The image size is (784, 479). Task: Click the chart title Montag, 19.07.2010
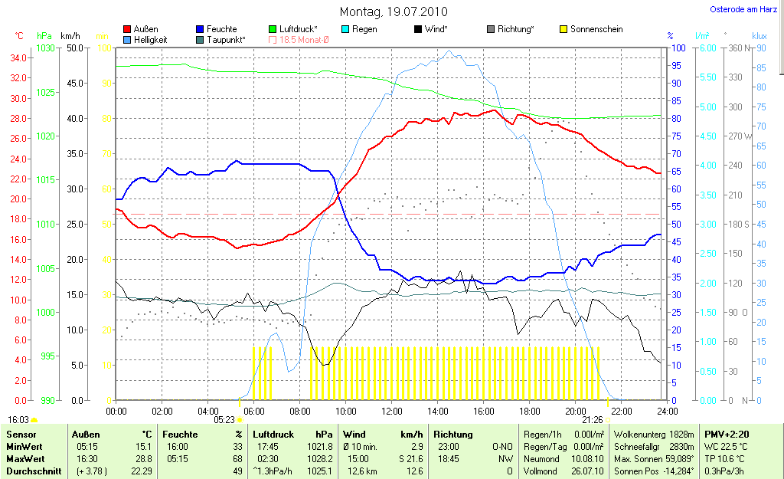click(394, 11)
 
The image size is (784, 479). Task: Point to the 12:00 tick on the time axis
click(391, 410)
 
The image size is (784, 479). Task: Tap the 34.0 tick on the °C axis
click(19, 57)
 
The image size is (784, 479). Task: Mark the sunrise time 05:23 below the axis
click(224, 420)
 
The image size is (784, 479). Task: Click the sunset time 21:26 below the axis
click(592, 420)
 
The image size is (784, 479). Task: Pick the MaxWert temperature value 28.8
click(142, 459)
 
